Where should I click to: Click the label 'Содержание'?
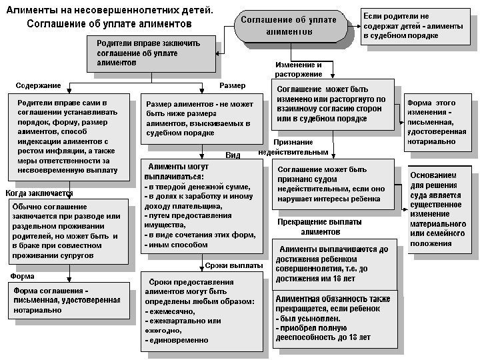[x=38, y=85]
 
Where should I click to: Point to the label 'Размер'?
[x=232, y=85]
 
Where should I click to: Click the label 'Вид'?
[x=233, y=155]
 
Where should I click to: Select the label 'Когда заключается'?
[x=39, y=193]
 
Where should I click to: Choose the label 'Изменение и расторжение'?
[x=299, y=69]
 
